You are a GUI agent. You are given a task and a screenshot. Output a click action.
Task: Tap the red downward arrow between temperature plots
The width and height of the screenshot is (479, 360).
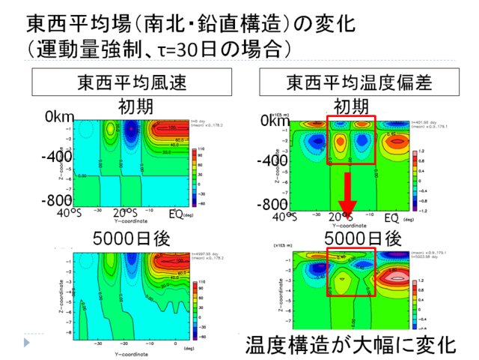tap(347, 196)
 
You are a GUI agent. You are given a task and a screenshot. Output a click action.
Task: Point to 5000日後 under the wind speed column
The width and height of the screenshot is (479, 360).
tap(132, 238)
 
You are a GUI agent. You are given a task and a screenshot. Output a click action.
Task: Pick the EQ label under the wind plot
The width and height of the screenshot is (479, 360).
tap(174, 215)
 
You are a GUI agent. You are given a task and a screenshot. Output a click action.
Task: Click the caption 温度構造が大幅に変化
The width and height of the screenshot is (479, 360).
tap(350, 345)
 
